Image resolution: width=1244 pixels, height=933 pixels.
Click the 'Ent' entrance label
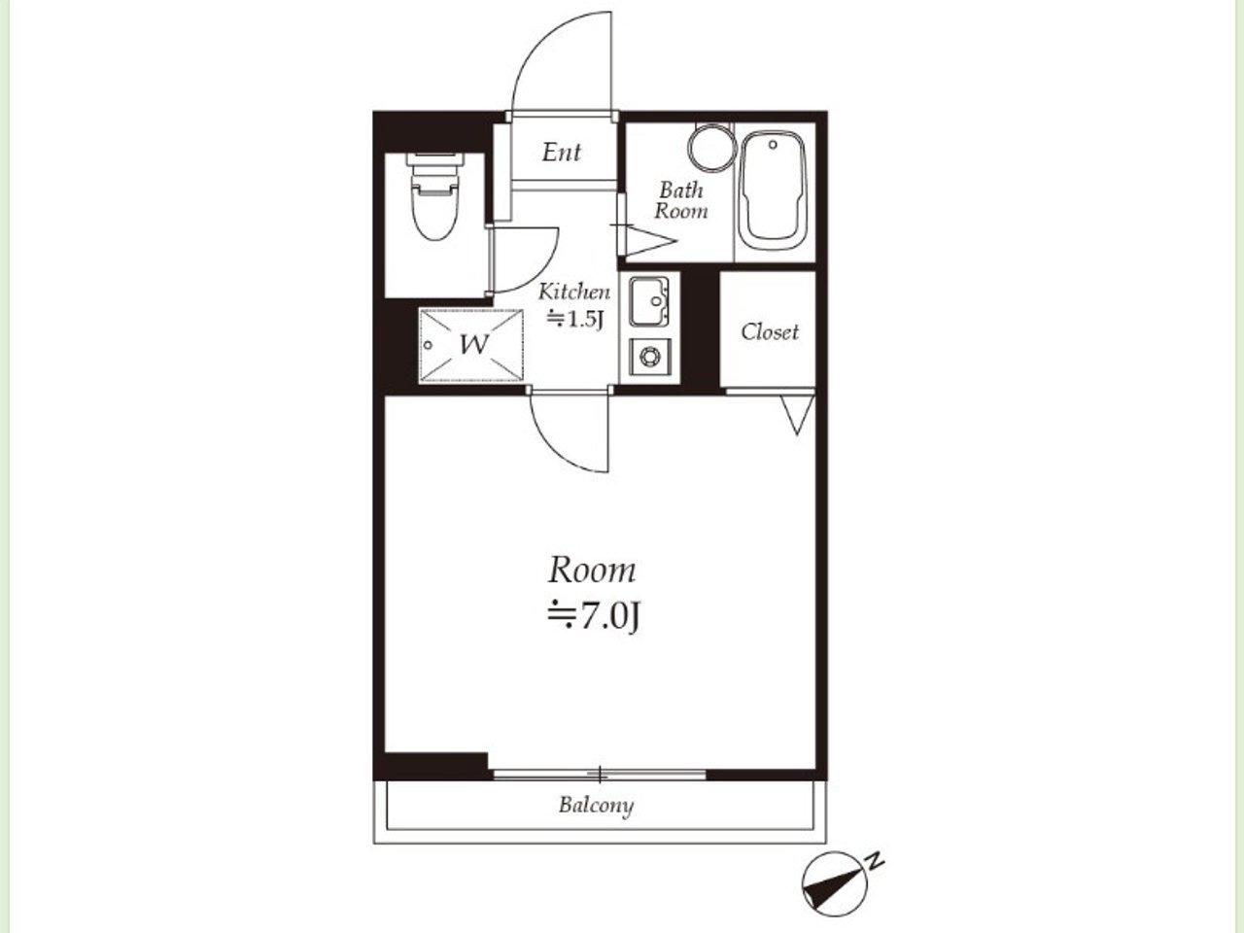(561, 153)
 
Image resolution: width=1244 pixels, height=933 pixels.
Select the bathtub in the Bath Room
(773, 190)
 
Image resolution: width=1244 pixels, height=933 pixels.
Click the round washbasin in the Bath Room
(710, 147)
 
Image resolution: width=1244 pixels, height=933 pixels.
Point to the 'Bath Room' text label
(681, 200)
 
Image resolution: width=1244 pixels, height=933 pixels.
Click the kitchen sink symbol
(649, 301)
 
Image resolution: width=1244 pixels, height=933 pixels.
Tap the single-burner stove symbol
(649, 357)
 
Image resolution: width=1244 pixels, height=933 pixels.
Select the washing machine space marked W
(471, 346)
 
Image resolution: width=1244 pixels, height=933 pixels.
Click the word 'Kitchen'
(574, 292)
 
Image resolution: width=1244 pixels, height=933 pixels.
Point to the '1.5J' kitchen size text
(585, 320)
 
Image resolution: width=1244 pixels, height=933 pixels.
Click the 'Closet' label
(770, 332)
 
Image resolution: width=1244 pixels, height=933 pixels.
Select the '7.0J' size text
(607, 617)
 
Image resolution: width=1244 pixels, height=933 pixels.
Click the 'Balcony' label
(596, 805)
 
